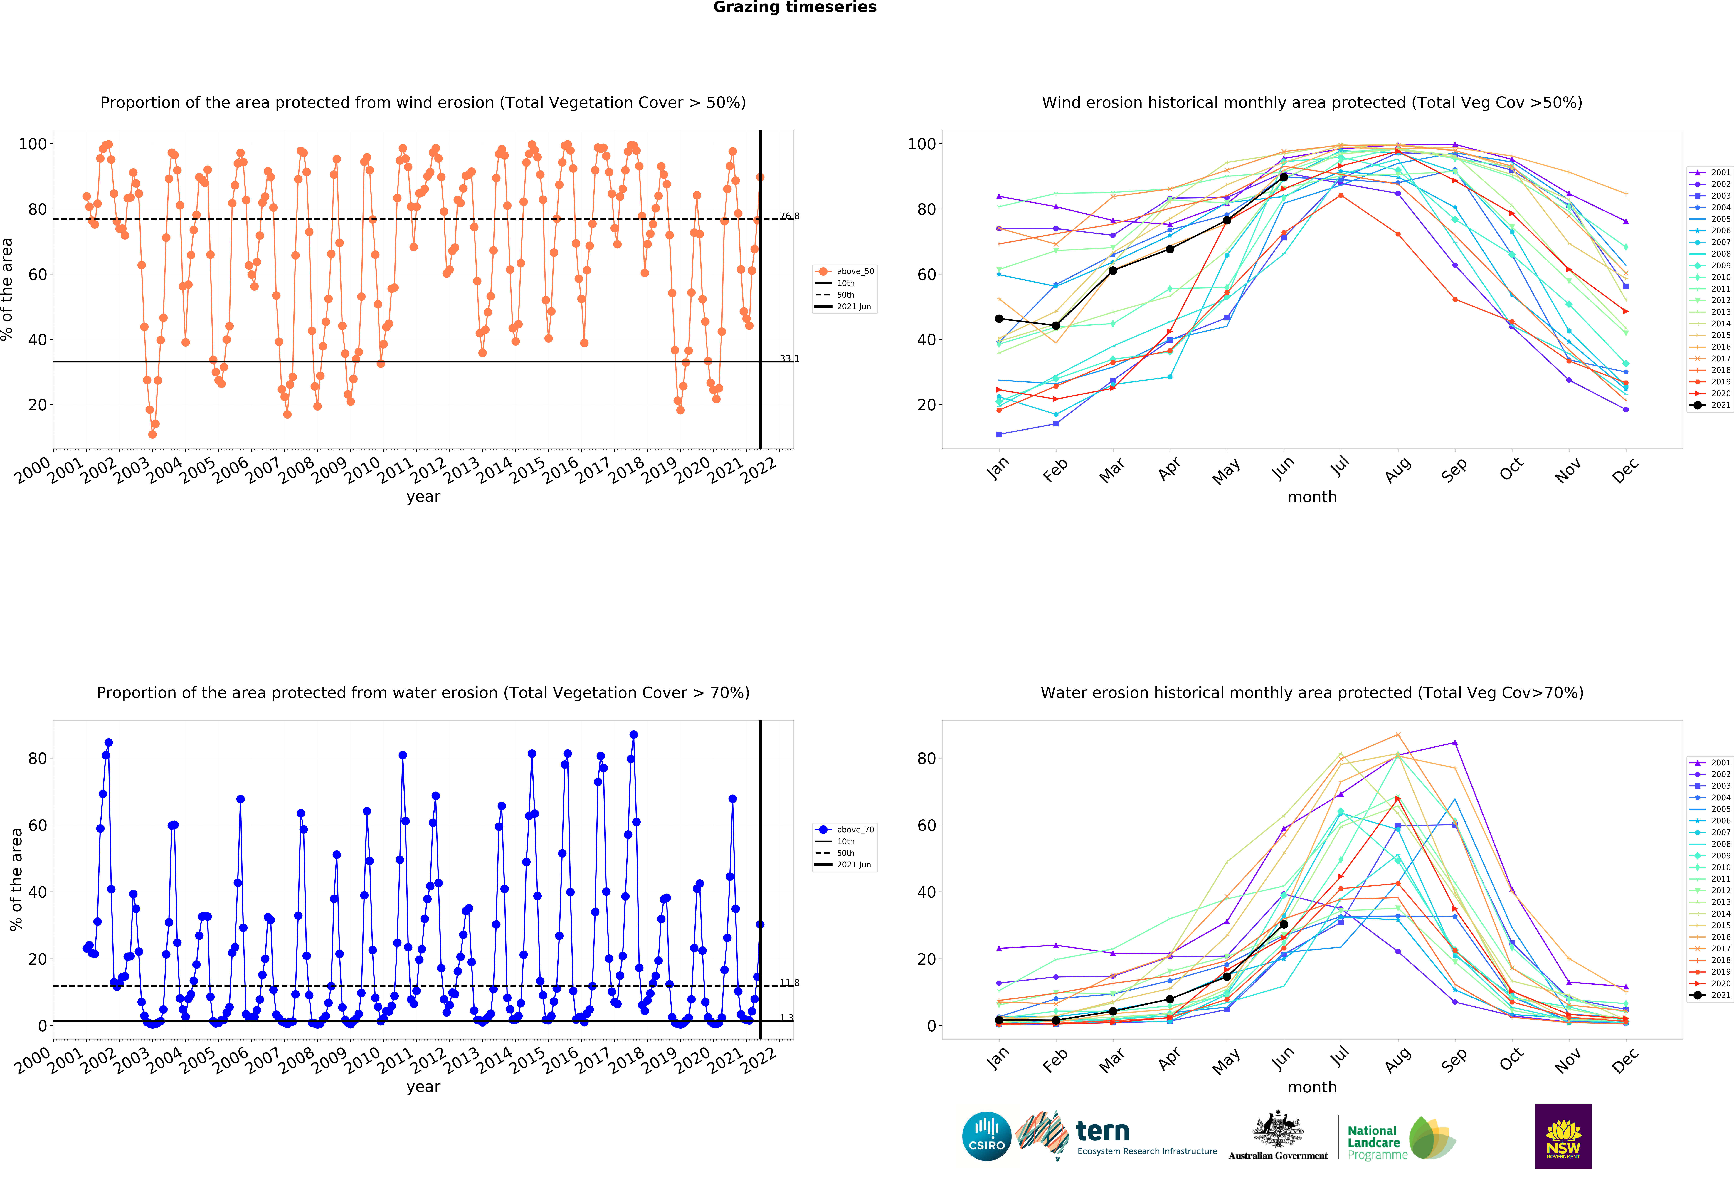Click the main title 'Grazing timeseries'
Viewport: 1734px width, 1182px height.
795,7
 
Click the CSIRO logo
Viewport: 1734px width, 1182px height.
986,1136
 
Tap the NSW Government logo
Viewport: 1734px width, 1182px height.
1563,1136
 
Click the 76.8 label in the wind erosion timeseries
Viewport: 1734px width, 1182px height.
789,216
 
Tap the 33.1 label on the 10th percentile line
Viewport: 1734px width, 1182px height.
789,359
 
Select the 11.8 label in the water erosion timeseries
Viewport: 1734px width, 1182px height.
789,983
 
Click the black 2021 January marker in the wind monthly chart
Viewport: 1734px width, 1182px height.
999,319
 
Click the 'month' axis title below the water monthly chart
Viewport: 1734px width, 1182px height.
1312,1087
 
